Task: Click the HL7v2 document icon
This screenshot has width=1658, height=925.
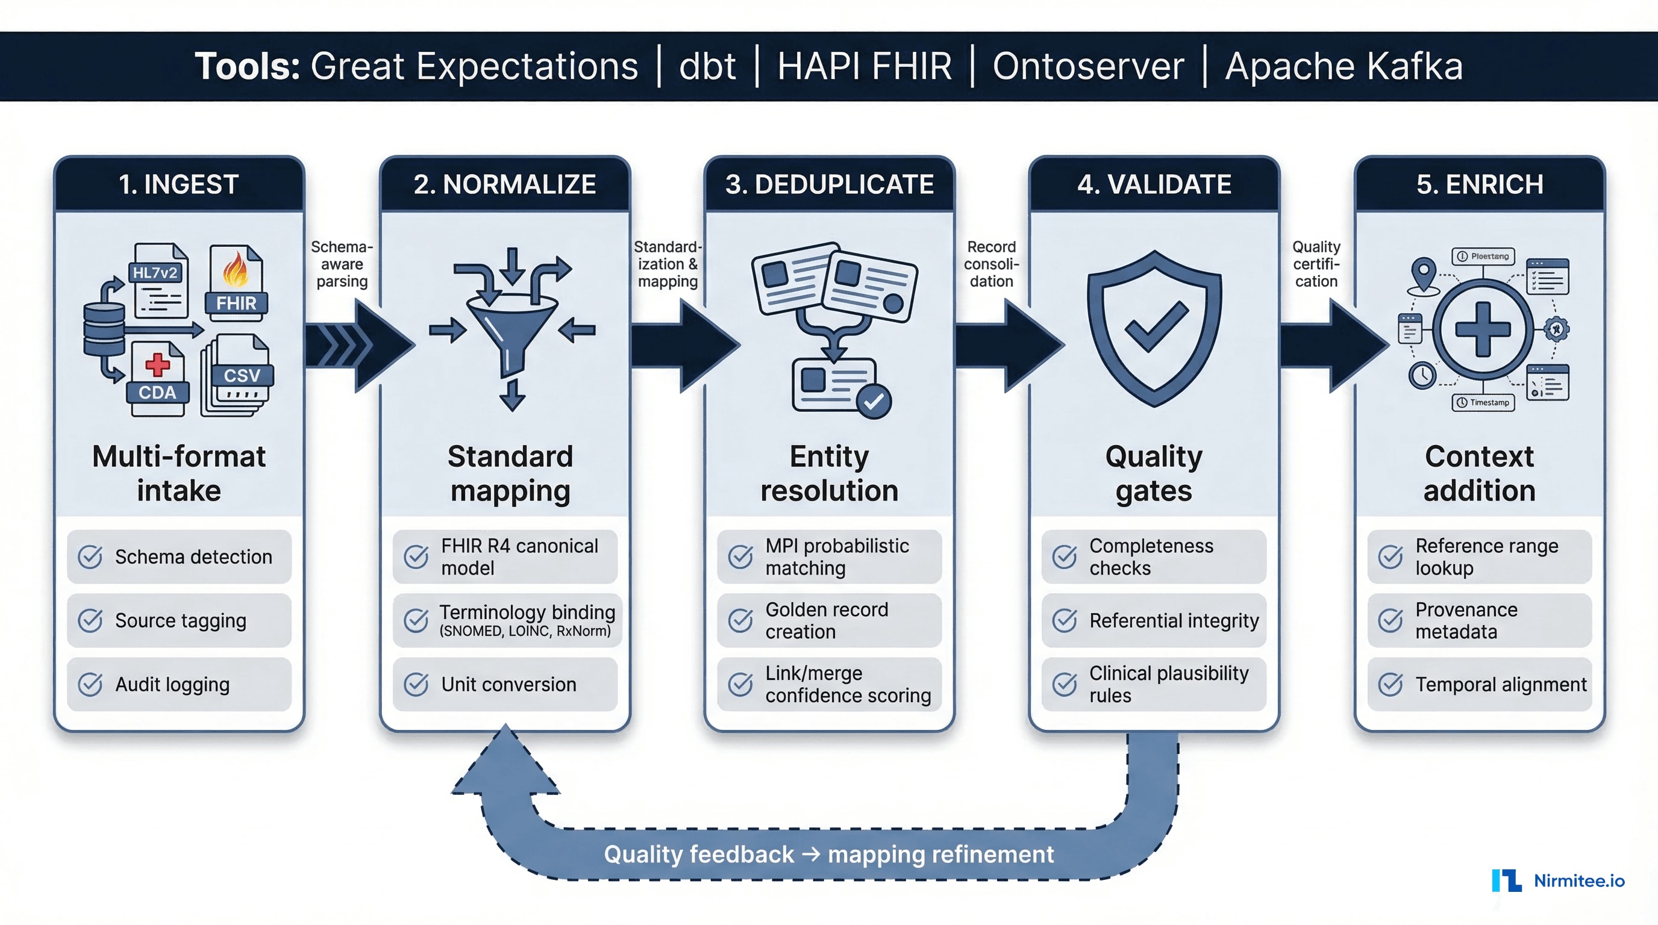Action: coord(158,282)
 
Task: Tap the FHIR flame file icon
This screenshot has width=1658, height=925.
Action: coord(236,281)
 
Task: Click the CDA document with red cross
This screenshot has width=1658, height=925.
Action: coord(157,378)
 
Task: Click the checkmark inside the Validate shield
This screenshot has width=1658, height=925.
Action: coord(1156,327)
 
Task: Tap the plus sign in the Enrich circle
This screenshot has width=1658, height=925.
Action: coord(1482,329)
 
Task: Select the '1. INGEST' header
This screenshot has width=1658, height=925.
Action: coord(179,185)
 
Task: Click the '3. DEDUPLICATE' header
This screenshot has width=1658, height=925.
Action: coord(829,185)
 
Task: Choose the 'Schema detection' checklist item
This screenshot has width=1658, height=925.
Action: coord(179,556)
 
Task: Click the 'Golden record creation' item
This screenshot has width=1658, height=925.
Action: coord(829,620)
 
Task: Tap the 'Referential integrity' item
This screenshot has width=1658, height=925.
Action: coord(1154,620)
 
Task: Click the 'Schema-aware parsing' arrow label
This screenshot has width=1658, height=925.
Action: coord(342,264)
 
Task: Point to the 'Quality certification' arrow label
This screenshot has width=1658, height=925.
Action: coord(1316,264)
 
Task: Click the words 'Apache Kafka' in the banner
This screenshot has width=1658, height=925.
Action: coord(1344,66)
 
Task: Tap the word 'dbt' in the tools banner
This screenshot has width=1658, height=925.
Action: coord(707,66)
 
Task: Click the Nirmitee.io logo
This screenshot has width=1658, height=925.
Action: coord(1558,880)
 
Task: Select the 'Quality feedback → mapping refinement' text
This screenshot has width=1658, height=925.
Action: coord(828,855)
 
